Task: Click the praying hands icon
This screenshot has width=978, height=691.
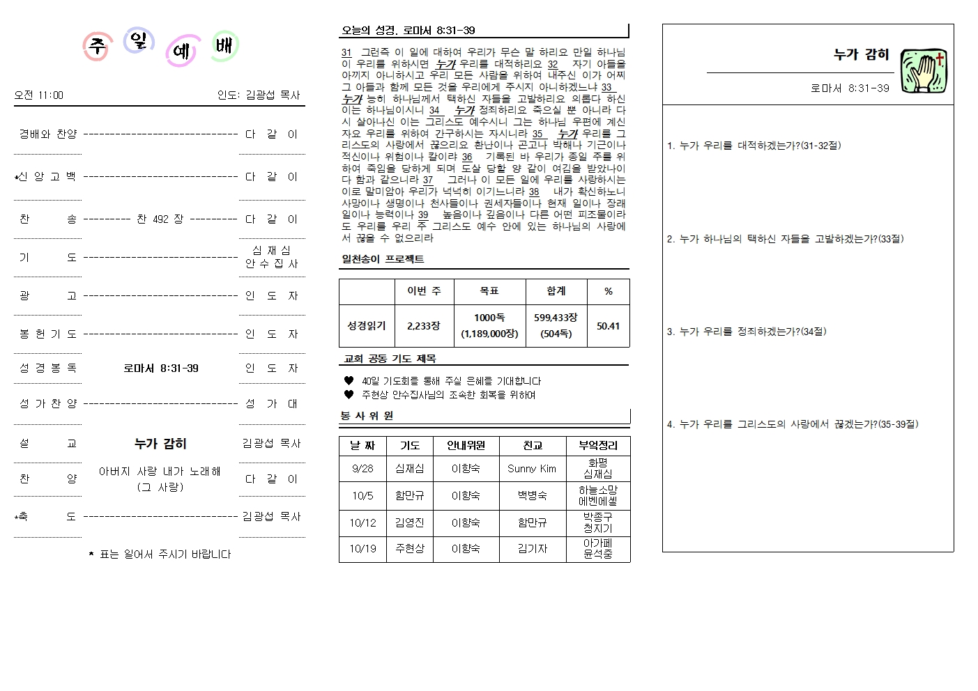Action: coord(924,72)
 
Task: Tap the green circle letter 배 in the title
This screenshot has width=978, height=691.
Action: coord(224,46)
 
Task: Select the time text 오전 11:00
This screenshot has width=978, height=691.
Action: coord(38,95)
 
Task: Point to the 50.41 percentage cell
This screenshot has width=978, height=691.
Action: coord(608,325)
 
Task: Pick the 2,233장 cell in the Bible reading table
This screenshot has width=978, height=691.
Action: coord(424,325)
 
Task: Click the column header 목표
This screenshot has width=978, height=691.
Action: coord(489,291)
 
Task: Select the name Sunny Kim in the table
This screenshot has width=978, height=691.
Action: coord(532,469)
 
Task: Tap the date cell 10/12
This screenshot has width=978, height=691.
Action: coord(362,522)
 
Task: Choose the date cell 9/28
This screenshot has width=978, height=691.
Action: coord(362,469)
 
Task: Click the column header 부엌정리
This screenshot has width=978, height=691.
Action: coord(597,446)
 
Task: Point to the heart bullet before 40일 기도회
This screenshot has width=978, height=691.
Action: coord(349,381)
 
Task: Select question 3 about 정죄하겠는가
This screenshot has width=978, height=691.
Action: coord(747,332)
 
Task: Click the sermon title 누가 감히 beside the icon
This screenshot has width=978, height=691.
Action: coord(861,54)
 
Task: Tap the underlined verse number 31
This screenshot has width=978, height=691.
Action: coord(346,52)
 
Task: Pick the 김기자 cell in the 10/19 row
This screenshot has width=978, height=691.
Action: coord(532,549)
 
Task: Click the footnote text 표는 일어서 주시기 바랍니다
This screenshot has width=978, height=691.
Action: coord(165,554)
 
